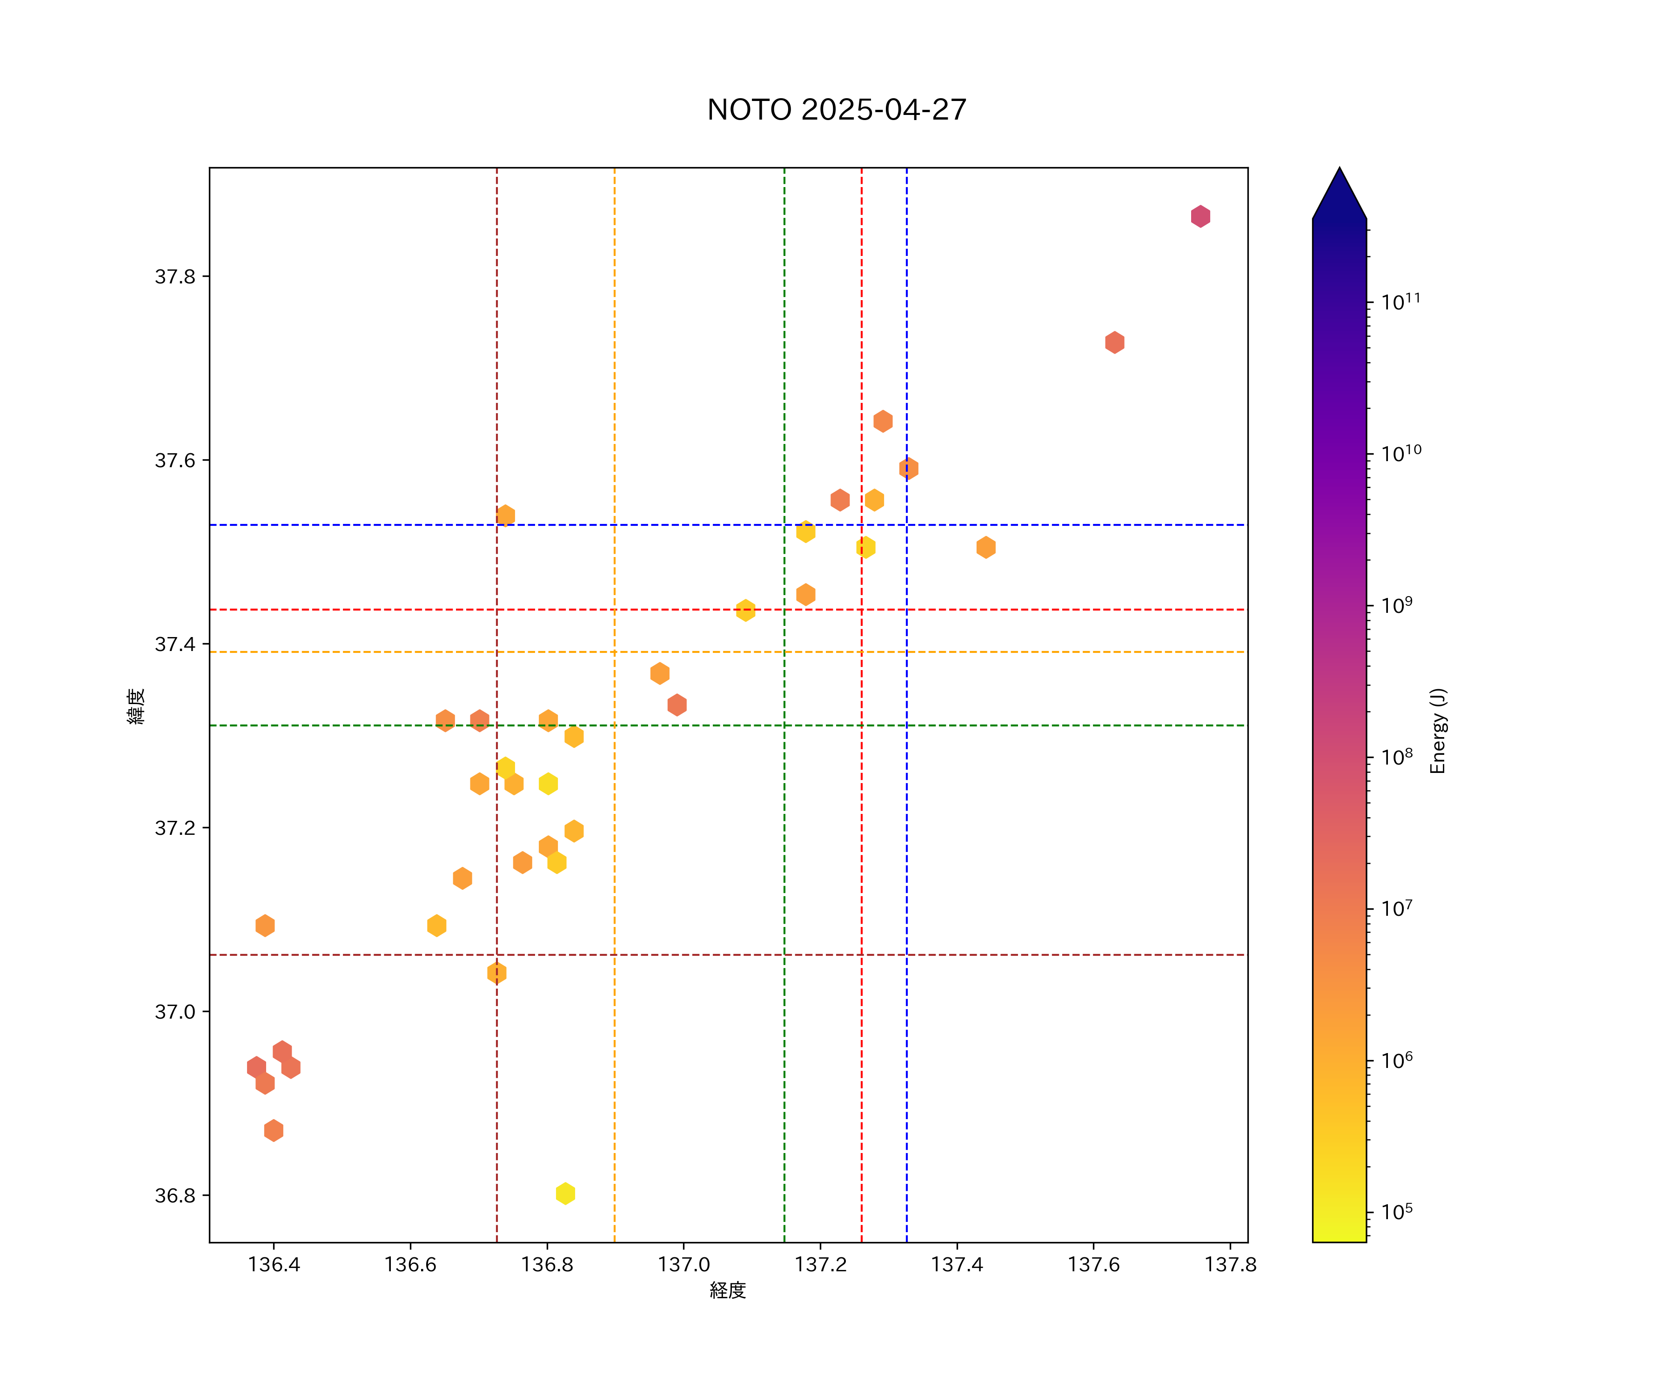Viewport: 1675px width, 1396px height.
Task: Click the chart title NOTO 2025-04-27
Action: (x=837, y=109)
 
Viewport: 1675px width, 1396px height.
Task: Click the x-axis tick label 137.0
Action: (x=683, y=1264)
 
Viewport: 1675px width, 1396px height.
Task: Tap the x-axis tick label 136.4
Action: (x=274, y=1264)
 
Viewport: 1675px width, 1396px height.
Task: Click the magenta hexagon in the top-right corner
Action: (x=1200, y=216)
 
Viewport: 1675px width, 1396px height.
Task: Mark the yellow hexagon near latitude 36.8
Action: (x=565, y=1194)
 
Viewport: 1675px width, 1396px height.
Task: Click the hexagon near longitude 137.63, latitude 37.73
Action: (x=1114, y=342)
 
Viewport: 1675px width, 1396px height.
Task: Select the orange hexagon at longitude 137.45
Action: (x=986, y=547)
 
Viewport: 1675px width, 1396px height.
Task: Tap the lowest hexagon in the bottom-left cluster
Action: (x=274, y=1130)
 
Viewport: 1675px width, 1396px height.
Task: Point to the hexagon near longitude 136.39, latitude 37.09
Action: (x=265, y=926)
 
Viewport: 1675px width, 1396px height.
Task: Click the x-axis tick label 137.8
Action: (x=1230, y=1264)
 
